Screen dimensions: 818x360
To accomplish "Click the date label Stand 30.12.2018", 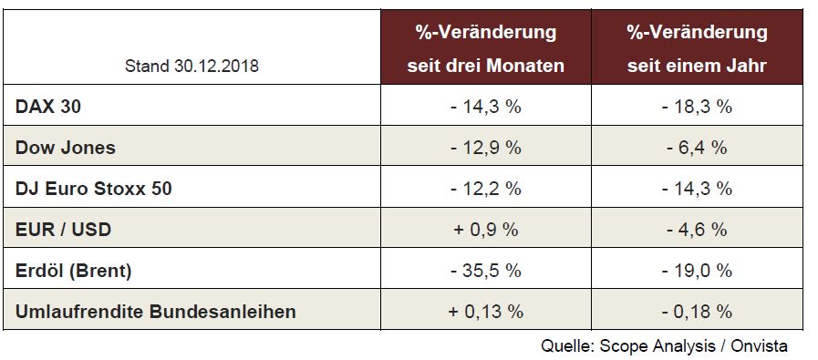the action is point(192,67).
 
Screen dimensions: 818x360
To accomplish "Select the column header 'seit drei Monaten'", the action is point(486,67).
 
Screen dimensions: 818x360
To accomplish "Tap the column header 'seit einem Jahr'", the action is point(697,67).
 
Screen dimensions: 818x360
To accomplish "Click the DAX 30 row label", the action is point(48,107).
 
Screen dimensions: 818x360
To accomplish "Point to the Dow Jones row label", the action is point(66,148).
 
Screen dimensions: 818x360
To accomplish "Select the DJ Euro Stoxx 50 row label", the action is point(94,189).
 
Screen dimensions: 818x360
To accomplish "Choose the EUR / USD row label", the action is point(64,230).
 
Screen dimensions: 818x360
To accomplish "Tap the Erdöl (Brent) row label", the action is point(74,271).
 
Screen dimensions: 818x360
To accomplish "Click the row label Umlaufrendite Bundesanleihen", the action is point(156,312).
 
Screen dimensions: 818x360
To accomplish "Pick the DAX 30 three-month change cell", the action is point(486,107).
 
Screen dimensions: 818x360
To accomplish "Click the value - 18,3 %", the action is point(697,107).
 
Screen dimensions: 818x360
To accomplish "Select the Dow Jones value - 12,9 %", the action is point(486,148).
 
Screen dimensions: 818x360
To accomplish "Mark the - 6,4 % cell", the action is point(697,148).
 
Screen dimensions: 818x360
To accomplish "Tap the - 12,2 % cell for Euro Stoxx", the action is point(486,189).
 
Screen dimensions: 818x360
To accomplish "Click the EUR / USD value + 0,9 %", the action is point(486,230).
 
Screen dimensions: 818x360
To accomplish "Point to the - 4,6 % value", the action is point(697,230).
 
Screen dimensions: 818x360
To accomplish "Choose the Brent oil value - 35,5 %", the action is point(486,271).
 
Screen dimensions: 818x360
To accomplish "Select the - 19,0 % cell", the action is point(697,271).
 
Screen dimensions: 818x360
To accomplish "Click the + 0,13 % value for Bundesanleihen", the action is point(486,312).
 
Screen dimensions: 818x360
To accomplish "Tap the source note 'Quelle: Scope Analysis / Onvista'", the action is point(664,345).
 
